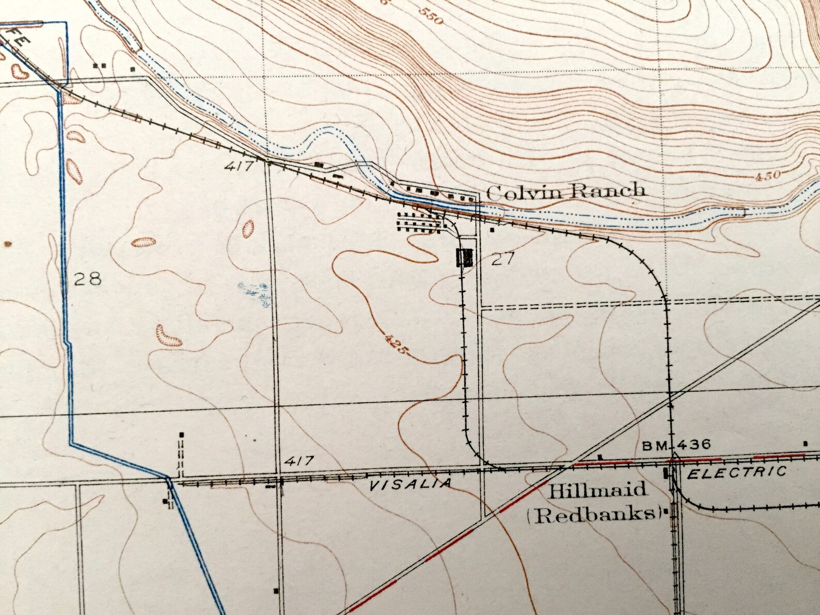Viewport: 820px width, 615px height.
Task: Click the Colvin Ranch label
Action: tap(565, 192)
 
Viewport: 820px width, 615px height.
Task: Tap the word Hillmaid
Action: tap(597, 489)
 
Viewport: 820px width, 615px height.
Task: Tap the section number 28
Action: tap(87, 279)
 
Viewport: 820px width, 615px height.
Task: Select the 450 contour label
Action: tap(766, 176)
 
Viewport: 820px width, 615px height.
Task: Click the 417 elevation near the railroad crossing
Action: tap(239, 167)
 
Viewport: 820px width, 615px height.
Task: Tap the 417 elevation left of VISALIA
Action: tap(299, 460)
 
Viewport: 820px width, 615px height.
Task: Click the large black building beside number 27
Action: tap(465, 257)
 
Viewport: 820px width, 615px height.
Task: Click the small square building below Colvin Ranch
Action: tap(493, 229)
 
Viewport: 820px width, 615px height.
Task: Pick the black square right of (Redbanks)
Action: tap(667, 513)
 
